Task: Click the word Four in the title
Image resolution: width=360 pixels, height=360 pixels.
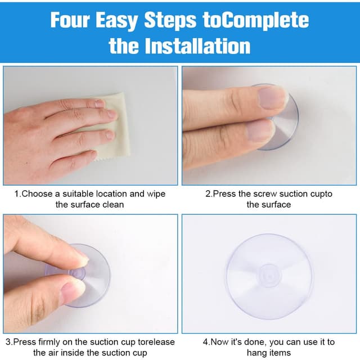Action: click(70, 20)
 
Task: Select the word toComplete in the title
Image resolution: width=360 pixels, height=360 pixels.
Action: click(256, 21)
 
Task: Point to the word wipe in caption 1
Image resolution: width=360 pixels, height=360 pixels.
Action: click(156, 194)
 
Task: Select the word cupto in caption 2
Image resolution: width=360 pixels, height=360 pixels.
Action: click(321, 194)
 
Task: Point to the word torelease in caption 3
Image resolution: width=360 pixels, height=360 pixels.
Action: click(156, 342)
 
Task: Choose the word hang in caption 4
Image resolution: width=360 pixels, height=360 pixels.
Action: click(255, 353)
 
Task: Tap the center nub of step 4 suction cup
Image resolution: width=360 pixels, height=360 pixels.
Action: click(269, 276)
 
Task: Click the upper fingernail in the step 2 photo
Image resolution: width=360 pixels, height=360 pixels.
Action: click(271, 98)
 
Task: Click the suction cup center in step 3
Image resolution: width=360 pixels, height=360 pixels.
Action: click(77, 273)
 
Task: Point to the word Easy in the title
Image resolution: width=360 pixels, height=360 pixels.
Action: click(116, 21)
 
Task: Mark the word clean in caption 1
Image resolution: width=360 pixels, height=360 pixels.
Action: click(113, 205)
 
